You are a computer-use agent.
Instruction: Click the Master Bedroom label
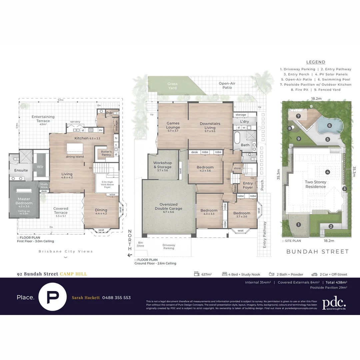coord(24,201)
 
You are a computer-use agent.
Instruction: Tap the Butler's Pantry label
coord(106,153)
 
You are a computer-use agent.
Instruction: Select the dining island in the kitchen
coord(74,149)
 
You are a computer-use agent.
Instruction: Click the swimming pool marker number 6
coord(329,126)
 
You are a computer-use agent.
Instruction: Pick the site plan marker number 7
coord(299,116)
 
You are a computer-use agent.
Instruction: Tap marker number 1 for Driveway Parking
coord(298,225)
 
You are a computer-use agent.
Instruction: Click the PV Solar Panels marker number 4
coord(328,172)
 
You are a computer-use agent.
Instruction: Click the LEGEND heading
coord(316,62)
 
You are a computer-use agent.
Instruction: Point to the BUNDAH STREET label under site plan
coord(317,252)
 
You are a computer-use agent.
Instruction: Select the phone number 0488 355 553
coord(116,298)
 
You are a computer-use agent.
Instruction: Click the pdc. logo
coord(334,303)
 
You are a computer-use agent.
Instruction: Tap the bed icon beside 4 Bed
coord(225,274)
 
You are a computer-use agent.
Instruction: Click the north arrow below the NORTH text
coord(130,255)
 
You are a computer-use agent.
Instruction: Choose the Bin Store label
coord(140,244)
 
